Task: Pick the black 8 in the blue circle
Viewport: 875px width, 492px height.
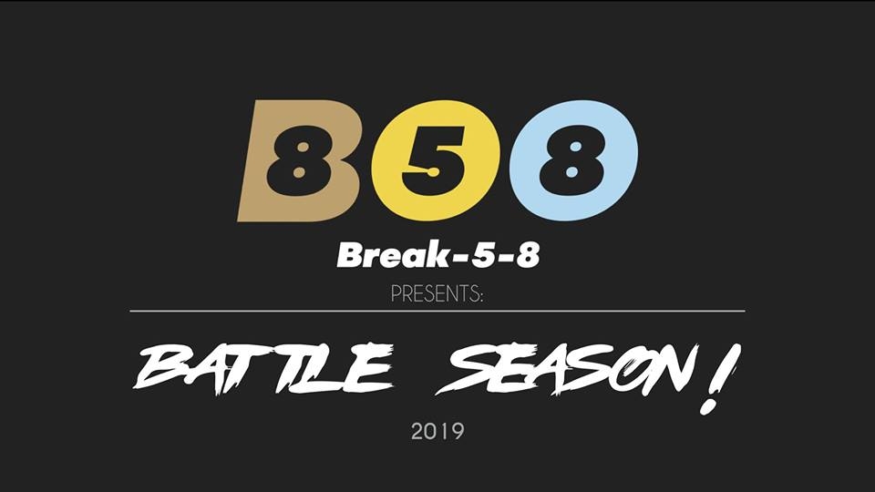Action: coord(571,161)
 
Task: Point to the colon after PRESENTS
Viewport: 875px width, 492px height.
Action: coord(480,296)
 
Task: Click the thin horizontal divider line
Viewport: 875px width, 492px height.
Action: coord(437,312)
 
